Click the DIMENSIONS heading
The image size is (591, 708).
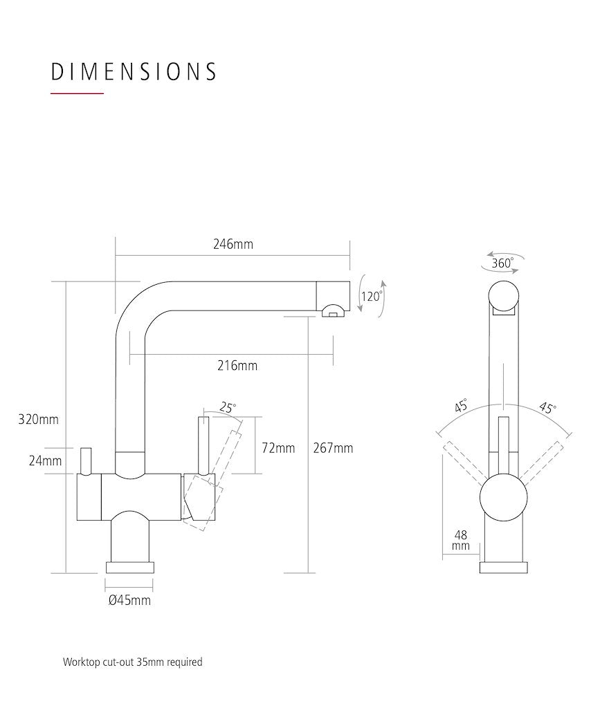point(134,72)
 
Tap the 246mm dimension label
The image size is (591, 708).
point(233,244)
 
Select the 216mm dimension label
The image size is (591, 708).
point(237,365)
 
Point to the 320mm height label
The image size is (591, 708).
point(38,420)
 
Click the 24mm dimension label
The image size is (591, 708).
point(45,461)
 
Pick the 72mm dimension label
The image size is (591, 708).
point(278,448)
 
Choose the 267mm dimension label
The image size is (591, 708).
point(333,448)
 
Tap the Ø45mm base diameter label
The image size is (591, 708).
point(129,601)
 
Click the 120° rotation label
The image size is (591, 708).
point(372,297)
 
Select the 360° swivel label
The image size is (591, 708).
point(502,263)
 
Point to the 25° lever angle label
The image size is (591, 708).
point(228,408)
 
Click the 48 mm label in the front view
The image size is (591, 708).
point(461,541)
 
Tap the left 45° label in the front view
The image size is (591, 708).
point(461,405)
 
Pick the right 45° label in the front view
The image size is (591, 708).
point(547,408)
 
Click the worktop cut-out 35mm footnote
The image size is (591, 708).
point(132,662)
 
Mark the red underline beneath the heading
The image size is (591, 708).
point(78,93)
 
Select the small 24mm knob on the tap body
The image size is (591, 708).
point(85,461)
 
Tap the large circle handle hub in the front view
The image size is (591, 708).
point(503,497)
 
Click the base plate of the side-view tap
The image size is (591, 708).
point(129,568)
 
